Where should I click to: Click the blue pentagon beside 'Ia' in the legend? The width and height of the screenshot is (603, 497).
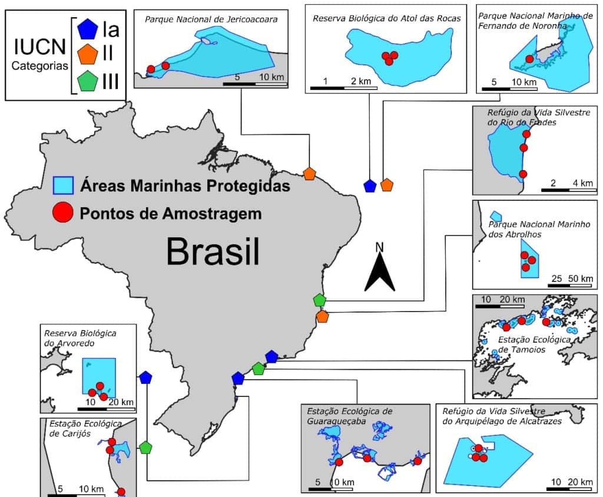88,28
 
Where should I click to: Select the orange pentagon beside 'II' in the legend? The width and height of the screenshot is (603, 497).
88,55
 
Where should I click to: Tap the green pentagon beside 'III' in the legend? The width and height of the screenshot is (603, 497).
88,81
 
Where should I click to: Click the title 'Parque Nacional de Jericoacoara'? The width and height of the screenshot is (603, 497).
211,19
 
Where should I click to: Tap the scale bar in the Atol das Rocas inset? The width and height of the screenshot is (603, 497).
344,88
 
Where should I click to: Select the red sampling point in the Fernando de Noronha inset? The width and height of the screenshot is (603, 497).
529,59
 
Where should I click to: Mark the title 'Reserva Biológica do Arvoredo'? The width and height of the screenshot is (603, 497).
79,337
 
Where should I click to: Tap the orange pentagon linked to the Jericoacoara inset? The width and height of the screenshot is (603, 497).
310,173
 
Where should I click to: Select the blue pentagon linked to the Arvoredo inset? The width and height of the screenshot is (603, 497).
146,377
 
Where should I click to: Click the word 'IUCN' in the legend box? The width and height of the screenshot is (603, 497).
39,48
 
